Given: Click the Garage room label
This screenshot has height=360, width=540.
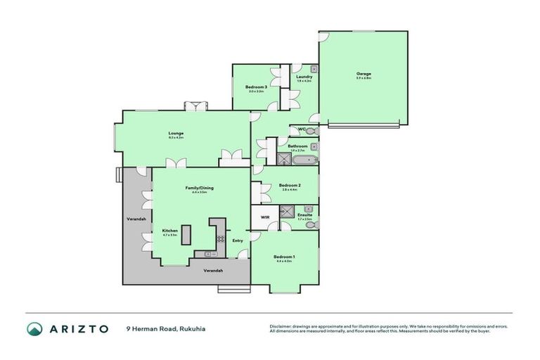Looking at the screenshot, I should pos(363,74).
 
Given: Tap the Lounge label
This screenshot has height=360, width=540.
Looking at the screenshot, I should pos(175,133).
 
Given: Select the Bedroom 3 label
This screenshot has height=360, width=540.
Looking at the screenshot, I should pos(255,86).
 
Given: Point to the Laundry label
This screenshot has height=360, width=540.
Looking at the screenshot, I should pos(304,77).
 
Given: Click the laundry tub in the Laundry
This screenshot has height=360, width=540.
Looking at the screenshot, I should pos(314,69).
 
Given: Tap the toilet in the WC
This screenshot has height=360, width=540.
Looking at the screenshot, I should pos(311,131).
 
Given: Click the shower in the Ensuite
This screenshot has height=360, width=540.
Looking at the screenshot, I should pos(287,211).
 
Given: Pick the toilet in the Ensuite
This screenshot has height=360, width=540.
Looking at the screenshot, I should pos(311,225).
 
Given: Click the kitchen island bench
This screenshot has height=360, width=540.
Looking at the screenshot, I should pos(186,236).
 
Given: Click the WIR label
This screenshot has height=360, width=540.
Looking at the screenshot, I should pos(265,218).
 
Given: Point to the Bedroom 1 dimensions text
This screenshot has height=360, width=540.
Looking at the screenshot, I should pos(284,262).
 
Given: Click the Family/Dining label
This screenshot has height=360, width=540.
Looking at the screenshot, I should pos(199,188).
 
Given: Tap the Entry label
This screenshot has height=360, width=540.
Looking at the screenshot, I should pos(238,240).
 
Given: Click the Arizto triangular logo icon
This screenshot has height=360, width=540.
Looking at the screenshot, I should pos(35,328).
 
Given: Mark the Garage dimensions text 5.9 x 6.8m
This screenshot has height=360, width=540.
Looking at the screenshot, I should pos(363,78).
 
